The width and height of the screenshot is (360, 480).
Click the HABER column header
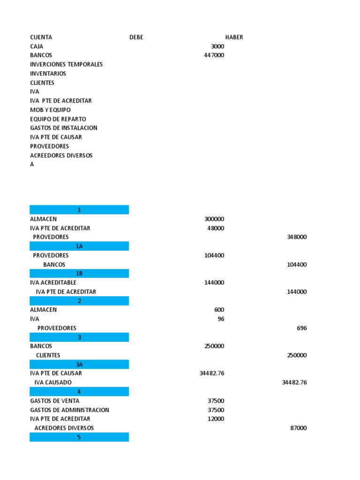tap(234, 37)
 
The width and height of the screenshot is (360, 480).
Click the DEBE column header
tap(136, 37)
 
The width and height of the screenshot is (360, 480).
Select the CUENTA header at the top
tap(41, 37)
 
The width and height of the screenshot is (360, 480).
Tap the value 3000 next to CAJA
tap(217, 46)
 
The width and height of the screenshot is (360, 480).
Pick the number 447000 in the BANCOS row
tap(214, 55)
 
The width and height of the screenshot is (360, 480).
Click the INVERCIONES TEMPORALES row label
tap(67, 64)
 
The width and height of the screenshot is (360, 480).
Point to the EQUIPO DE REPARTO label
tap(58, 119)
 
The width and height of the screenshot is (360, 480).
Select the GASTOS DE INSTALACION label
tap(64, 128)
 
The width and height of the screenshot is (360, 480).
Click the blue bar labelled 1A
tap(79, 246)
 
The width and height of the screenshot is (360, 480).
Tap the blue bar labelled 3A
tap(79, 364)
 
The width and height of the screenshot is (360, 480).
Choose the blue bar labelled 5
tap(79, 437)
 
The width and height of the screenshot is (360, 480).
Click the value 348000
tap(297, 237)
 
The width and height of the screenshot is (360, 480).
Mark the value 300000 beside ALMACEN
tap(214, 219)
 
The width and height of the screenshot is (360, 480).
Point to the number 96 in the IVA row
tap(220, 319)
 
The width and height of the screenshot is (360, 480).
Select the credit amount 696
tap(302, 328)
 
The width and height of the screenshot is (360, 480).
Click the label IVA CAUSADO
tap(53, 382)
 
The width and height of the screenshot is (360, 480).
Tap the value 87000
tap(299, 428)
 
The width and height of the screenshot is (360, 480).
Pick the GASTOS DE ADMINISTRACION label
tap(70, 410)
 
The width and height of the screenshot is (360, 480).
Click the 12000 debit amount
tap(216, 419)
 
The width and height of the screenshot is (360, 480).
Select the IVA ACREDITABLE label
tap(53, 283)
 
